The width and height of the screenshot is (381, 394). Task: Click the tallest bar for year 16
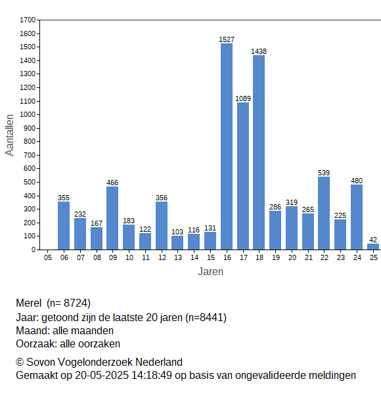pyautogui.click(x=227, y=146)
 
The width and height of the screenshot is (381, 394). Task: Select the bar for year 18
pyautogui.click(x=259, y=152)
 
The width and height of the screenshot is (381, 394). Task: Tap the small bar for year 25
pyautogui.click(x=373, y=247)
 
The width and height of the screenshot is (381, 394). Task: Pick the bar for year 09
pyautogui.click(x=112, y=218)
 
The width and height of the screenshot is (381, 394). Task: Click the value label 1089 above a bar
pyautogui.click(x=243, y=98)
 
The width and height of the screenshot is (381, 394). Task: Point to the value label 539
pyautogui.click(x=324, y=173)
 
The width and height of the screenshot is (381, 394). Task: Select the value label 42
pyautogui.click(x=373, y=240)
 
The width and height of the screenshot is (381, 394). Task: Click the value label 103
pyautogui.click(x=177, y=232)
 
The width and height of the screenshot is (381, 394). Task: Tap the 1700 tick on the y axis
pyautogui.click(x=28, y=20)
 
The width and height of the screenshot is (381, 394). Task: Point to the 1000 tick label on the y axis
pyautogui.click(x=28, y=114)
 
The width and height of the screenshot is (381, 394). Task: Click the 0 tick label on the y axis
pyautogui.click(x=34, y=250)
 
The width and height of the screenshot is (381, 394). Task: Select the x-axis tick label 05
pyautogui.click(x=48, y=257)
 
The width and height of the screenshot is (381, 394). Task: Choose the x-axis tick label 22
pyautogui.click(x=325, y=257)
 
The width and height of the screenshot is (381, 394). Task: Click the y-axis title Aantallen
pyautogui.click(x=10, y=135)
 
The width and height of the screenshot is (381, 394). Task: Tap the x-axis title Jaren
pyautogui.click(x=211, y=272)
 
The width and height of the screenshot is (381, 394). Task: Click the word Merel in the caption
pyautogui.click(x=29, y=303)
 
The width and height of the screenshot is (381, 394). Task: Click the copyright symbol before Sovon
pyautogui.click(x=20, y=362)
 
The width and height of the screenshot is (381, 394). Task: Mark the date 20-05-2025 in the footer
pyautogui.click(x=102, y=376)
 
